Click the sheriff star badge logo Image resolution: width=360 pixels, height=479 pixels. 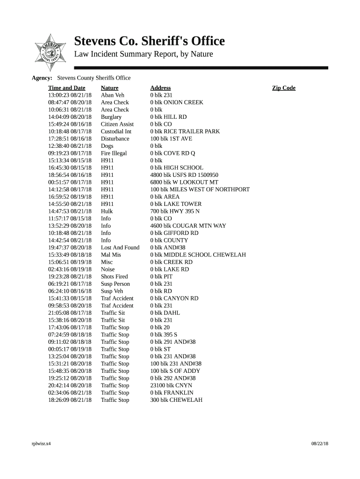click(x=48, y=50)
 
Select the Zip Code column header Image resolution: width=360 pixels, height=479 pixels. click(x=284, y=88)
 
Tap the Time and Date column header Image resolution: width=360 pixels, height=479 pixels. click(x=66, y=88)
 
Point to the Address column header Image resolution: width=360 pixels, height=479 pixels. click(x=160, y=88)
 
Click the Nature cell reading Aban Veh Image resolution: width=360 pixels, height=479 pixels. click(x=113, y=95)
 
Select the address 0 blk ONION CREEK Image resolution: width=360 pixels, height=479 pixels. click(x=177, y=102)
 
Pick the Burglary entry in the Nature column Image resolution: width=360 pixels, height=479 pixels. click(x=111, y=117)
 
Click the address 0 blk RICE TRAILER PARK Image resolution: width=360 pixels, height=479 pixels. click(x=185, y=131)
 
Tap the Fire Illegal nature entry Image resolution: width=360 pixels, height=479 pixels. click(x=114, y=153)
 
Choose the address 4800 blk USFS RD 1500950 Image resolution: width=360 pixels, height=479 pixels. click(x=184, y=175)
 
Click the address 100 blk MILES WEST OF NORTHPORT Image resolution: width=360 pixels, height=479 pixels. click(x=200, y=189)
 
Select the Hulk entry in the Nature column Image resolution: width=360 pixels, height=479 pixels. click(x=107, y=211)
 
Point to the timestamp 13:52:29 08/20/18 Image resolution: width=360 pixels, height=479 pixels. click(x=70, y=226)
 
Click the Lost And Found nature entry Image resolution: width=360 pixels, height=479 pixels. click(x=120, y=247)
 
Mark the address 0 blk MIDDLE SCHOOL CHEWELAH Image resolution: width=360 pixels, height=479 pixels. click(x=198, y=255)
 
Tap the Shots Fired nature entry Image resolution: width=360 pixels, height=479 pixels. click(x=114, y=276)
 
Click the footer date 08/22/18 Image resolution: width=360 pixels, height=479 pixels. click(x=320, y=443)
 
